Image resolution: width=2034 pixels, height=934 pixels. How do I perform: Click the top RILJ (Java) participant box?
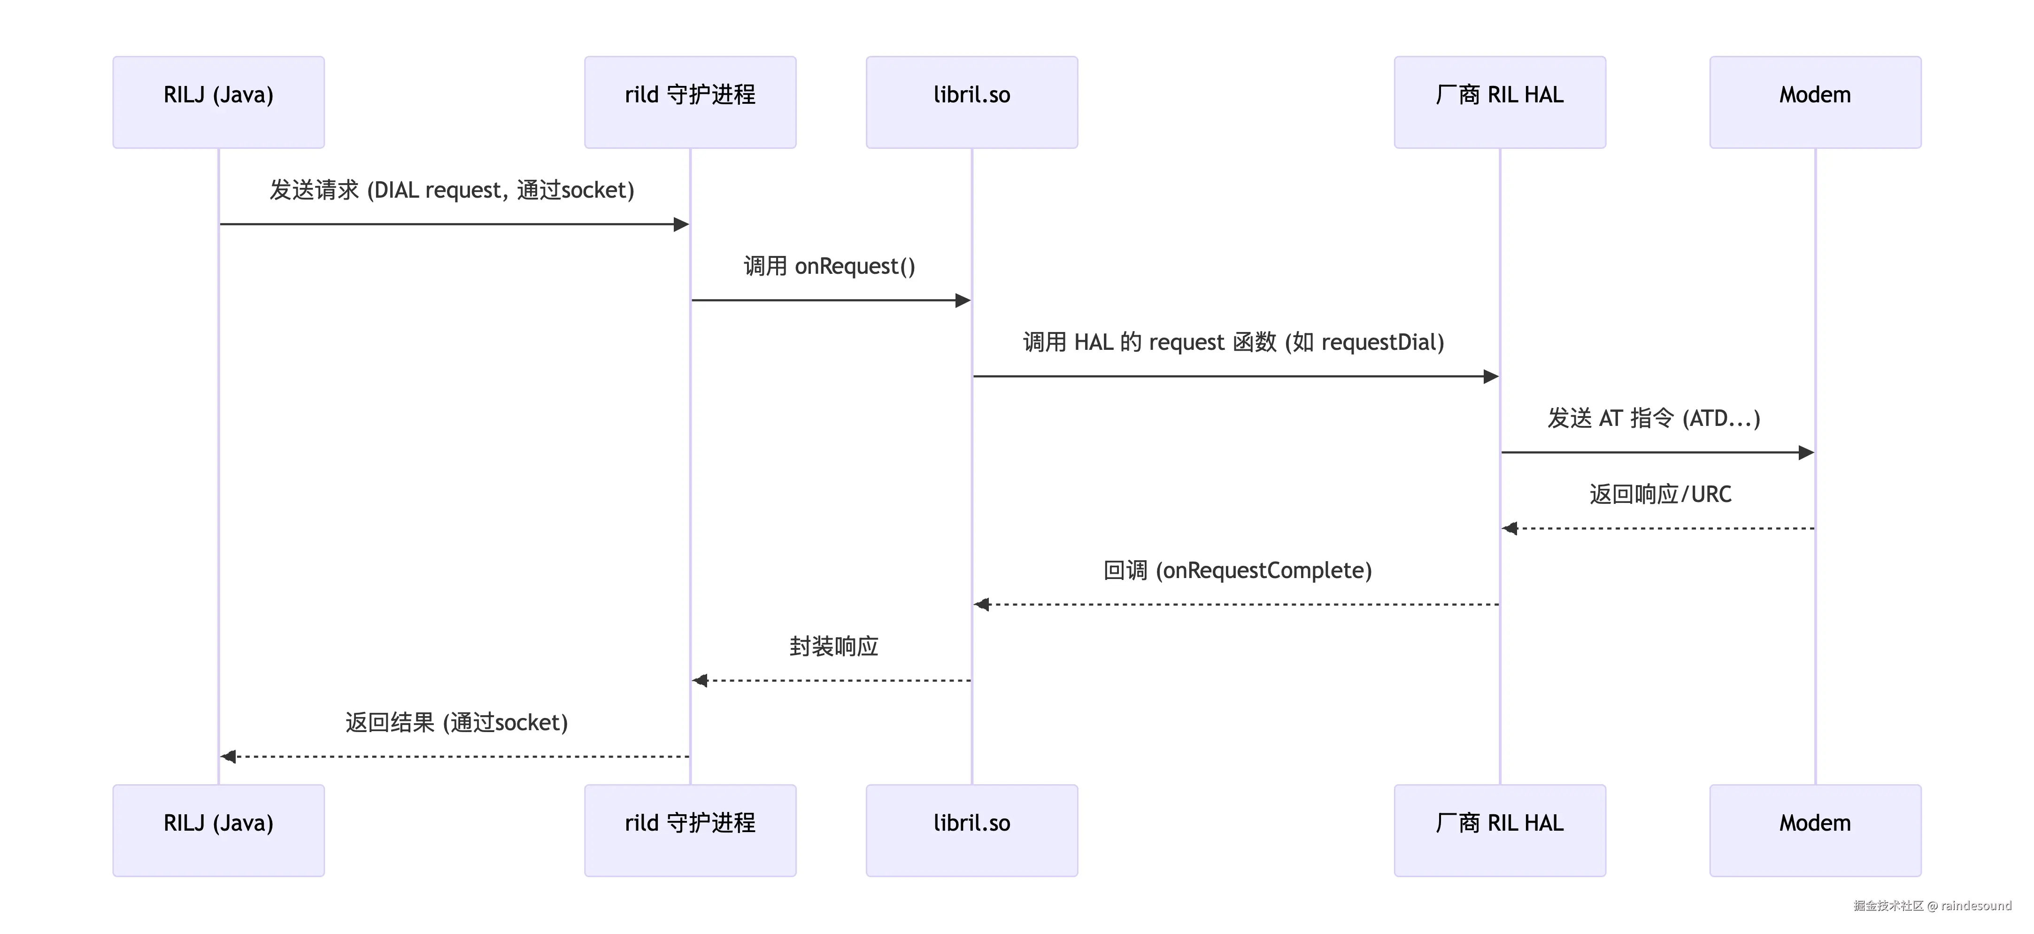(219, 102)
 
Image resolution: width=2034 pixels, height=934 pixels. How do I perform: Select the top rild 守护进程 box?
(690, 102)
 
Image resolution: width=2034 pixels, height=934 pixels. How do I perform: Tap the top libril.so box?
(972, 102)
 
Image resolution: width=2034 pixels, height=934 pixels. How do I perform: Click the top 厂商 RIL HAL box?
(1500, 102)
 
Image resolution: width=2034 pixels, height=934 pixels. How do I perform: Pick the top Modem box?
(1815, 102)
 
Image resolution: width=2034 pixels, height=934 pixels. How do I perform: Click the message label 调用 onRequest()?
(830, 266)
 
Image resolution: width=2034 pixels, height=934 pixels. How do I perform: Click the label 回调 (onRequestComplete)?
(1237, 570)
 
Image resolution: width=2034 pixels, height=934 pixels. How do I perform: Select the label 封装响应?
(834, 647)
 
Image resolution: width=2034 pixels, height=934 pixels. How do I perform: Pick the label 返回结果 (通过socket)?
(456, 722)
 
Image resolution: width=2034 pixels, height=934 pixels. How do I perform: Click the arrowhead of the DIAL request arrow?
(681, 224)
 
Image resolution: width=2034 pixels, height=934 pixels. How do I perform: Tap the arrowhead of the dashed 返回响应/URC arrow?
(1510, 528)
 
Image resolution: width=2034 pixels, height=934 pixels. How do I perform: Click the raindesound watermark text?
(1976, 905)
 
